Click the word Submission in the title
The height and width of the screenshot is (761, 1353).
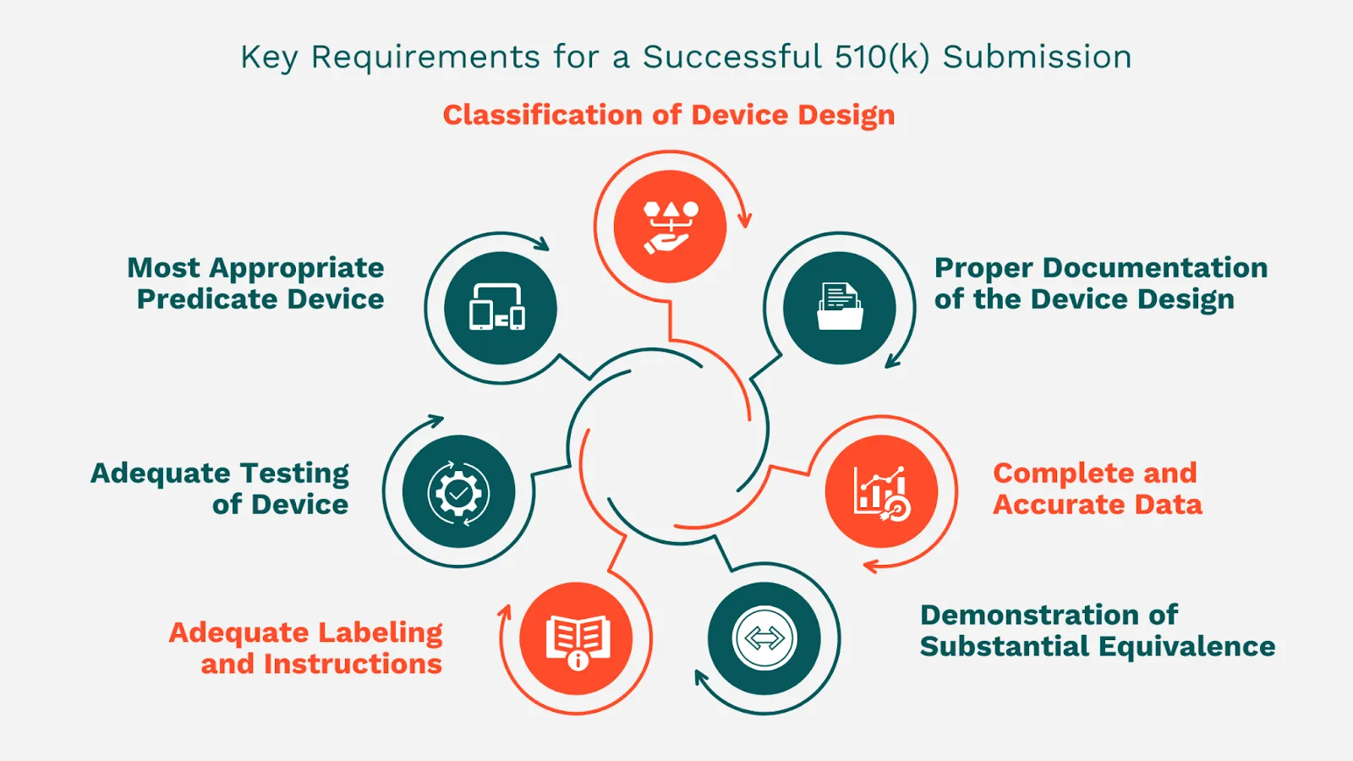click(1037, 57)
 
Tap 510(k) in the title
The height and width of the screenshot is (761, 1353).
click(881, 57)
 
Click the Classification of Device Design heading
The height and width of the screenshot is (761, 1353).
click(668, 115)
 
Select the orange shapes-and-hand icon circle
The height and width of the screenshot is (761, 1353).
click(670, 227)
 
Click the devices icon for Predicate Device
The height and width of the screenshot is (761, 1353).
click(500, 308)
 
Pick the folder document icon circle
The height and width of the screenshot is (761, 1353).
click(839, 308)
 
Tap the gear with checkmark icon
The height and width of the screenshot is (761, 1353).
click(458, 492)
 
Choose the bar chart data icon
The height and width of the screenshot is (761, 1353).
click(881, 492)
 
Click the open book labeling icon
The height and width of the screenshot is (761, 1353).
click(577, 639)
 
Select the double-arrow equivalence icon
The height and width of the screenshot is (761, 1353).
click(764, 639)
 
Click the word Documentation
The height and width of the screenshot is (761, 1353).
click(1154, 268)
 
